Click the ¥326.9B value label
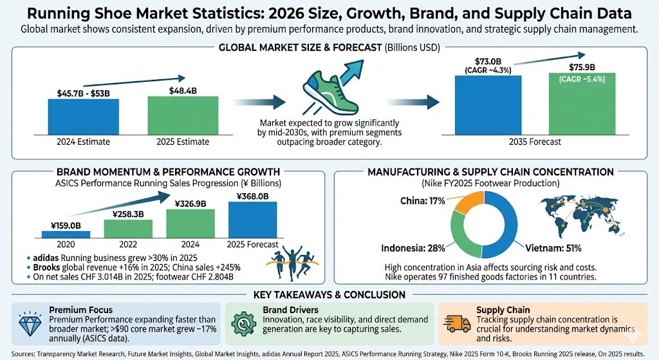pos(190,204)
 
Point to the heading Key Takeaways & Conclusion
pos(329,294)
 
